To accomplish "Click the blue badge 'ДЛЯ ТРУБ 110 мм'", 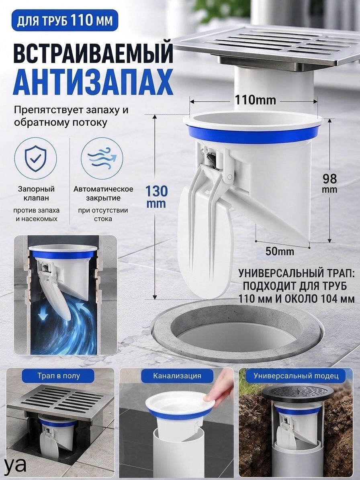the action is pos(65,20).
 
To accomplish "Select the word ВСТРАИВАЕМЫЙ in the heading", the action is pos(93,54).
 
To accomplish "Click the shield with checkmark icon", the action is pos(35,158).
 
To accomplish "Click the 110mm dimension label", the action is pos(255,100).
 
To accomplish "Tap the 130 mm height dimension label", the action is pos(156,196).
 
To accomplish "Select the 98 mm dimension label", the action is pos(329,183).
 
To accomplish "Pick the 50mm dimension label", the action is pos(280,251).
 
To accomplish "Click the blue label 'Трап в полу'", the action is pos(59,376).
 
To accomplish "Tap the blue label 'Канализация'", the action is pos(177,376).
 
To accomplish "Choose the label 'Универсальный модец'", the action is pos(296,376).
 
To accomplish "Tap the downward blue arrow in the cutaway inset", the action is pos(43,313).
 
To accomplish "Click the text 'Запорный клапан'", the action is pos(36,194).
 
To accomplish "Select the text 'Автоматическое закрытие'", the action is pos(103,194).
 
